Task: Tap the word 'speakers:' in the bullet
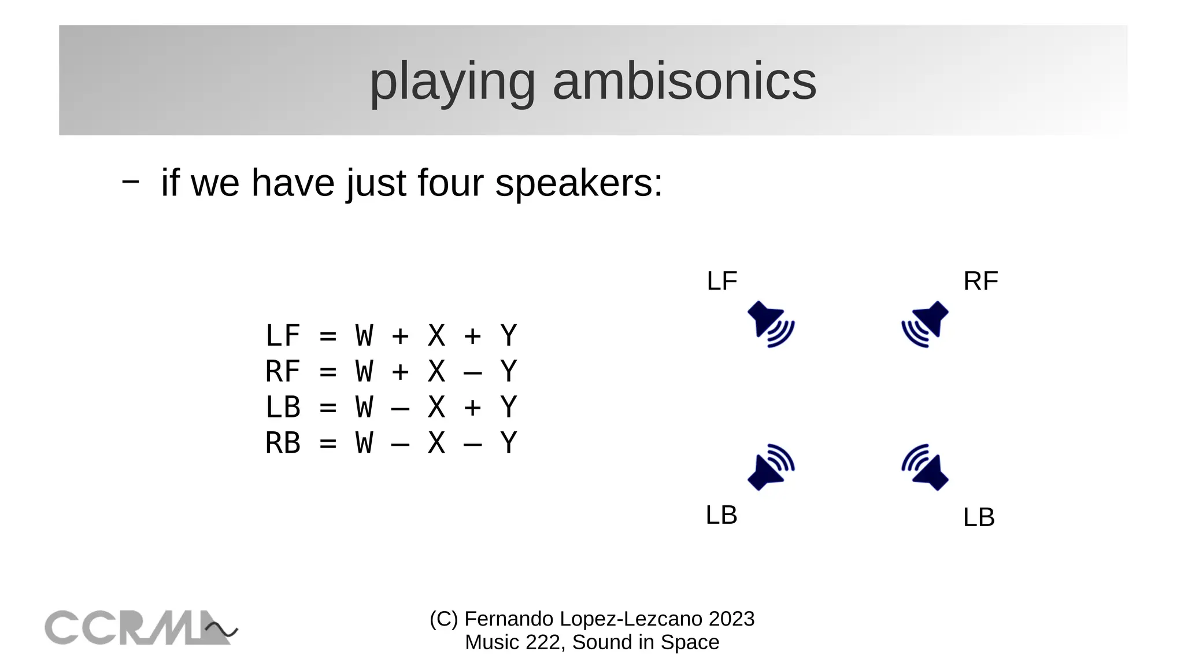pos(579,183)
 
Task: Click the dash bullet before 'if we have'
pos(131,182)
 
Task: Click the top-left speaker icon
pos(770,324)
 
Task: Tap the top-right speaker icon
pos(926,324)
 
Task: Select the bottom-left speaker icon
pos(770,467)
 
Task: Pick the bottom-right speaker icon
pos(926,467)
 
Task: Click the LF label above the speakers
pos(722,282)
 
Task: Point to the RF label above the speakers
pos(980,282)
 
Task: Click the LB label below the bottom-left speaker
pos(721,515)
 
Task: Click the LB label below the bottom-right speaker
pos(979,517)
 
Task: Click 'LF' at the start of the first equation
pos(283,336)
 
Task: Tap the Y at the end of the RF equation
pos(508,372)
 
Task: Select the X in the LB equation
pos(436,408)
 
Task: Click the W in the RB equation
pos(364,443)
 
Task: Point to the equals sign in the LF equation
pos(328,336)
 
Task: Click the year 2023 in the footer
pos(731,619)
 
